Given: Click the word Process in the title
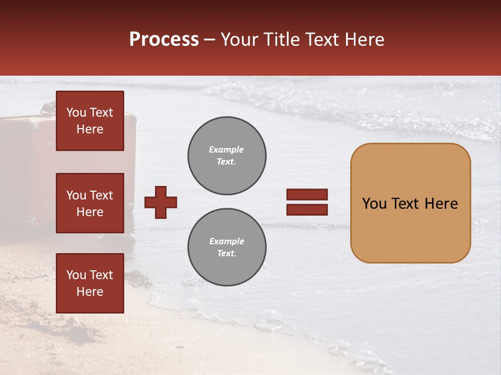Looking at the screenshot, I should (164, 40).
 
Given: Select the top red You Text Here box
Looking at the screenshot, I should (90, 121).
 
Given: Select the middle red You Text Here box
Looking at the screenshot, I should (90, 203).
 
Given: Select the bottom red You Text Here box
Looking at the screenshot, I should (90, 283).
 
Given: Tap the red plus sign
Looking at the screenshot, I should (161, 202).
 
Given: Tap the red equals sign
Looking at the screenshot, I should (307, 202).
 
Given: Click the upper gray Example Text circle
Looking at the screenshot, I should (226, 156).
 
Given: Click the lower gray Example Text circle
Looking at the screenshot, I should (226, 247).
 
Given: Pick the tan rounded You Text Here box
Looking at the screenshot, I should (410, 203).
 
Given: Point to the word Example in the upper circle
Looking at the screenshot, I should (226, 150).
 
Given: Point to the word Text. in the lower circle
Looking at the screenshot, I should (226, 254).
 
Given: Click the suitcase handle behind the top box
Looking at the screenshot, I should (48, 108).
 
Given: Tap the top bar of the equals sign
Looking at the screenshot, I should (307, 195).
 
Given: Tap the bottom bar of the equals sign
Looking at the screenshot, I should (307, 209).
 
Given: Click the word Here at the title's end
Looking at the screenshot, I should (365, 40).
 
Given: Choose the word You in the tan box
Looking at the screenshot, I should (374, 204).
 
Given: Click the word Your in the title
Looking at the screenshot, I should (240, 40).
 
